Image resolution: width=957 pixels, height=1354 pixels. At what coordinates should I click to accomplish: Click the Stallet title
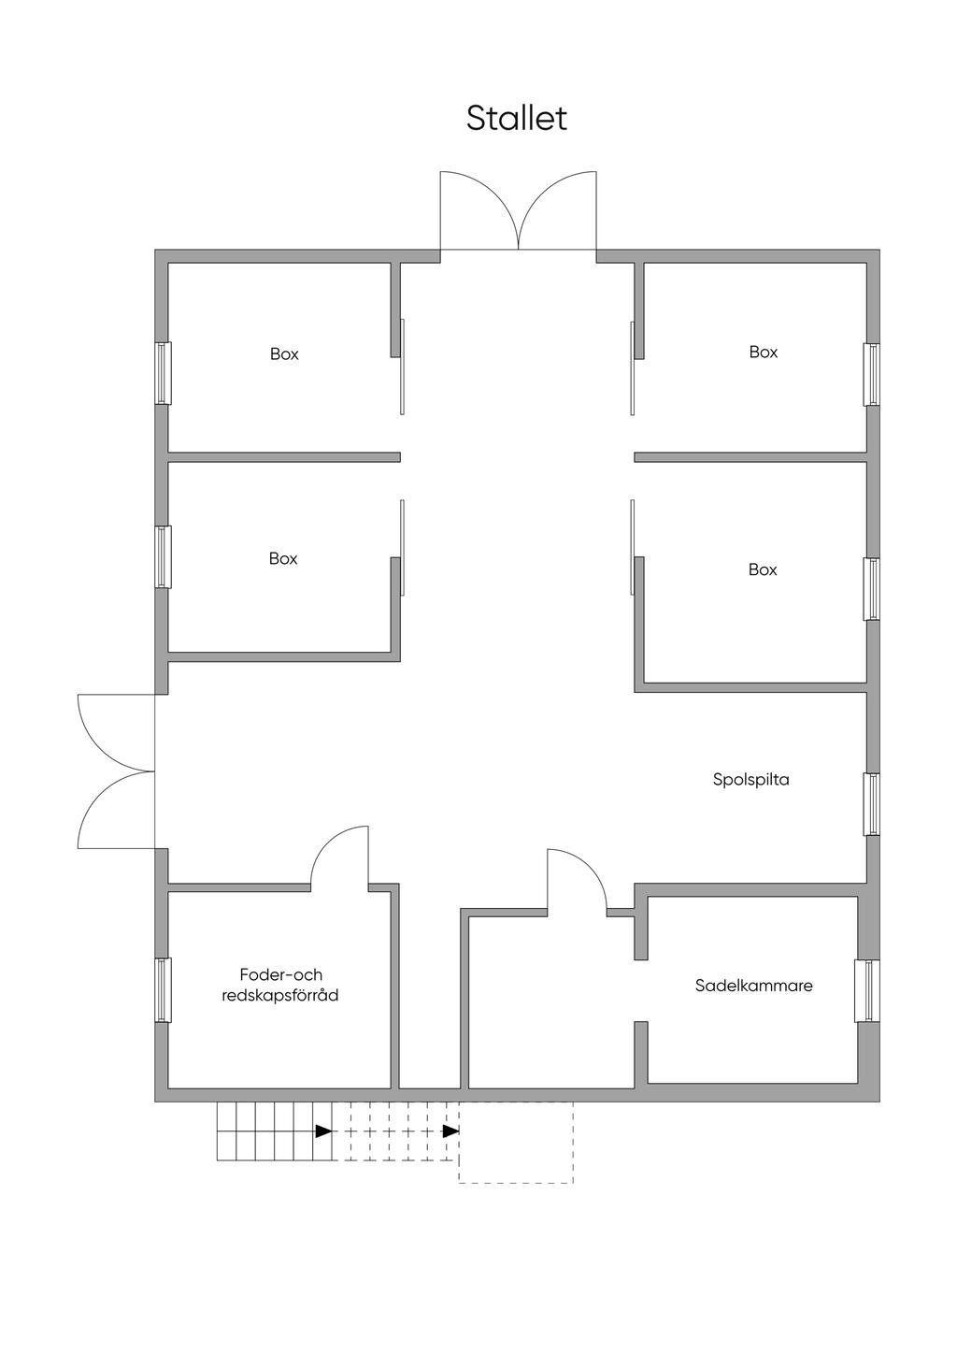coord(517,119)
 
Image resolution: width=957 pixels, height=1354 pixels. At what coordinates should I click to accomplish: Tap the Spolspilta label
coord(750,779)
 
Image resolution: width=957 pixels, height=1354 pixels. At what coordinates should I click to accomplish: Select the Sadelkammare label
coord(753,986)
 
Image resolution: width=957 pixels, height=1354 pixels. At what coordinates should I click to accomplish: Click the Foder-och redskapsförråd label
coord(280,986)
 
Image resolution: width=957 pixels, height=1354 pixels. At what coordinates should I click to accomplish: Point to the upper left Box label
coord(284,354)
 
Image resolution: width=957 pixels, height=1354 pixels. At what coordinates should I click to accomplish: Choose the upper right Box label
coord(764,353)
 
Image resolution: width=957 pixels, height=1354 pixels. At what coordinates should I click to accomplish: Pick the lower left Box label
coord(283,558)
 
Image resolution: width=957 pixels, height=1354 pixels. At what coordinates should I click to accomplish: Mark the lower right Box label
coord(763,569)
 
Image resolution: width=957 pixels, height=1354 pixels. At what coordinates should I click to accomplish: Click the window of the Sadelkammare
coord(867,990)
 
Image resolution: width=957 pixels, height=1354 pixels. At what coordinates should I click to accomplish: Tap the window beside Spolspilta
coord(871,804)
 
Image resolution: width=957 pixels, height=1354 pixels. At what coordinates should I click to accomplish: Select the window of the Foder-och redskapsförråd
coord(163,989)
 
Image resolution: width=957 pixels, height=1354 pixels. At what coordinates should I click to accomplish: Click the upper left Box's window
coord(163,373)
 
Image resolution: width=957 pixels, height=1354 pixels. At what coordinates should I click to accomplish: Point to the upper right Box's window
coord(871,374)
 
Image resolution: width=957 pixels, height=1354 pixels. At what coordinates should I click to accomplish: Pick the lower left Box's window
coord(163,556)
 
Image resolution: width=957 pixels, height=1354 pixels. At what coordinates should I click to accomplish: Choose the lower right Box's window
coord(871,589)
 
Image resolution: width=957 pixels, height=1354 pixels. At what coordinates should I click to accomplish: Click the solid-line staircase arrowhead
coord(323,1131)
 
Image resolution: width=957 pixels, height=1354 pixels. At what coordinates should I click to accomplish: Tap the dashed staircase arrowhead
coord(450,1131)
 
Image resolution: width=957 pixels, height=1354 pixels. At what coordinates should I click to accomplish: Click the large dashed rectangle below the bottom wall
coord(516,1143)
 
